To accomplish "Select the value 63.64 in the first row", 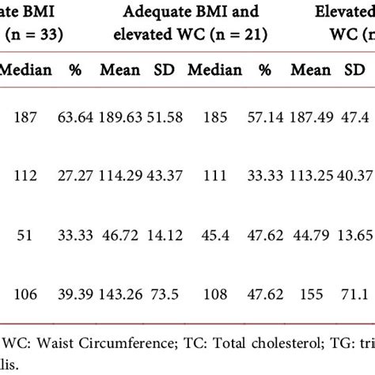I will point(76,118).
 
